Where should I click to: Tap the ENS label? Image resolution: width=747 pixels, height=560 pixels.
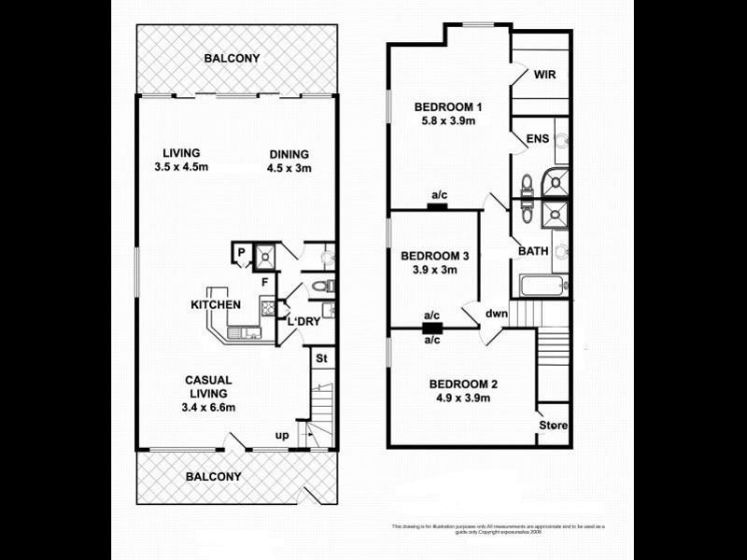(538, 139)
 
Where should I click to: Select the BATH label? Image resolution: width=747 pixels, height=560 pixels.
(533, 250)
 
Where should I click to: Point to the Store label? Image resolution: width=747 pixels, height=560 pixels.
(552, 427)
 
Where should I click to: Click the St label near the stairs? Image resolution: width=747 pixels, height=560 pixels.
(320, 358)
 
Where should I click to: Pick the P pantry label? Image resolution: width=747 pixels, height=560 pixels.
(240, 251)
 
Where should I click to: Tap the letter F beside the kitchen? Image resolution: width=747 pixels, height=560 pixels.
(265, 281)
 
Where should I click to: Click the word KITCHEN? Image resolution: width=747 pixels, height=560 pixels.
(216, 304)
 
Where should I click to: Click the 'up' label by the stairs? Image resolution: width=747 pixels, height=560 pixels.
(281, 436)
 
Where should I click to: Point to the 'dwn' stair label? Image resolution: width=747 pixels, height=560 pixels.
(496, 314)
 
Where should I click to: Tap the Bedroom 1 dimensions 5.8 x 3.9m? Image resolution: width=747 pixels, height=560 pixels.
(445, 121)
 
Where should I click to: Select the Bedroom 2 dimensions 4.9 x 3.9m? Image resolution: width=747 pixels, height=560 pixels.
(463, 399)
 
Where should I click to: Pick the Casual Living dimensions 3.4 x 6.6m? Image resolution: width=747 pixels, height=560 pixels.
(208, 407)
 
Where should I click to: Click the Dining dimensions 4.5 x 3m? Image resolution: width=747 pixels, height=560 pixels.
(289, 169)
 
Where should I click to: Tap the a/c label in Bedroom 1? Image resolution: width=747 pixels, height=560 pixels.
(439, 195)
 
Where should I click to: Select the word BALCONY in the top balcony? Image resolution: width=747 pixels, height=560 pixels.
(233, 59)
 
